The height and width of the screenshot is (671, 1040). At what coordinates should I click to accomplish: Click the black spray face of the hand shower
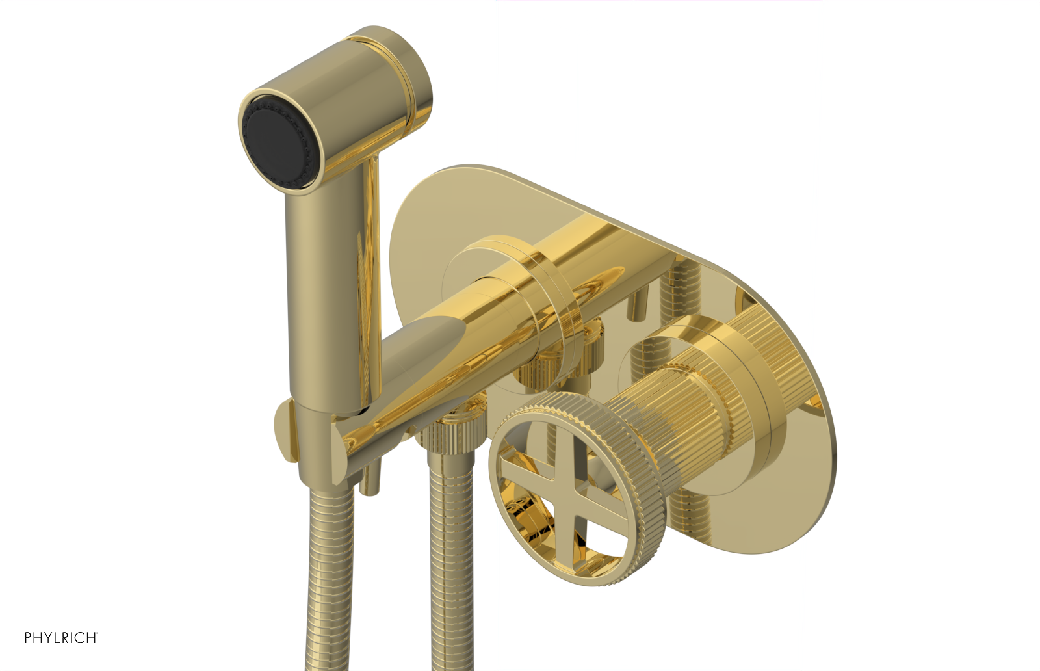(276, 141)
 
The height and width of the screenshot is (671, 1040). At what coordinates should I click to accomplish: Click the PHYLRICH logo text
(61, 637)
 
